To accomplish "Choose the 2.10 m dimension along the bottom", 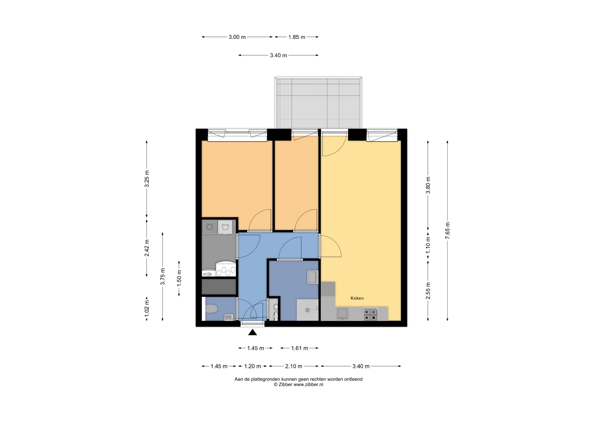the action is coord(294,366).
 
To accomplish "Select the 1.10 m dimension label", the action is coord(428,245).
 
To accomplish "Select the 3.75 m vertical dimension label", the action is coord(163,276).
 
